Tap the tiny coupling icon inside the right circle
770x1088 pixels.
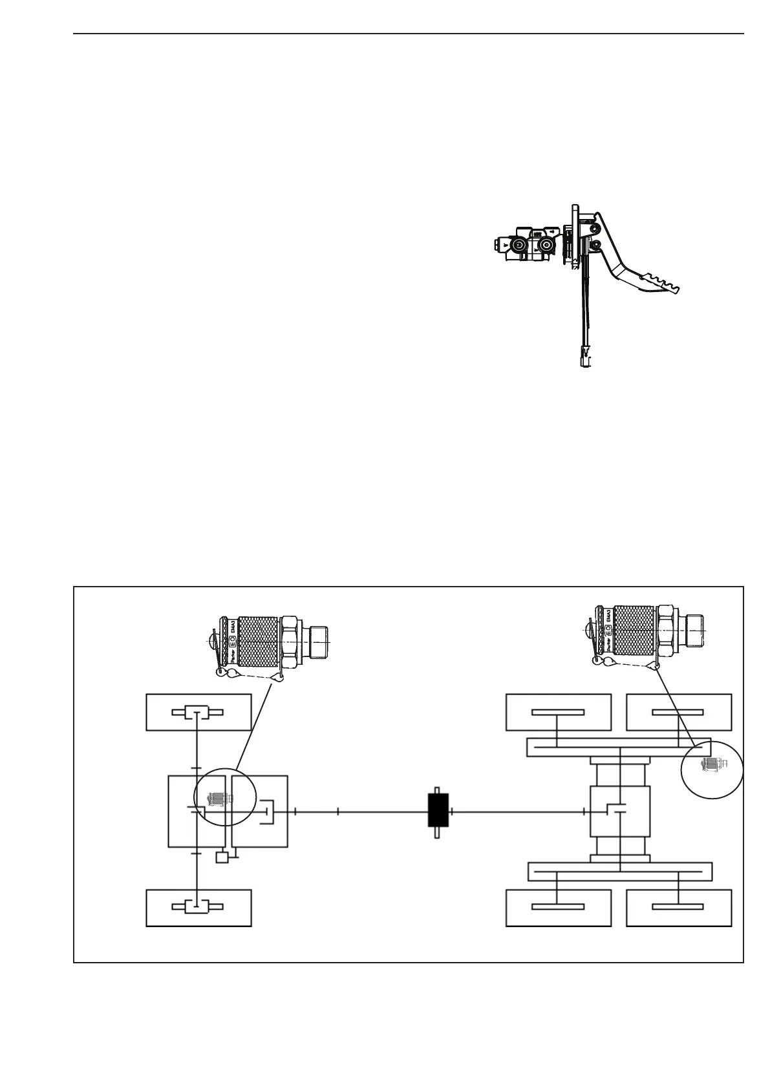click(x=711, y=764)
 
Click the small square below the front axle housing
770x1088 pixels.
click(x=222, y=857)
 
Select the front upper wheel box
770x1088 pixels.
click(x=198, y=712)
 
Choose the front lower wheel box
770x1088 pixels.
click(x=198, y=907)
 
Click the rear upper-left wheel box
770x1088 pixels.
click(x=557, y=712)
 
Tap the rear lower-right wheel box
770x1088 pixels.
click(x=678, y=907)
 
